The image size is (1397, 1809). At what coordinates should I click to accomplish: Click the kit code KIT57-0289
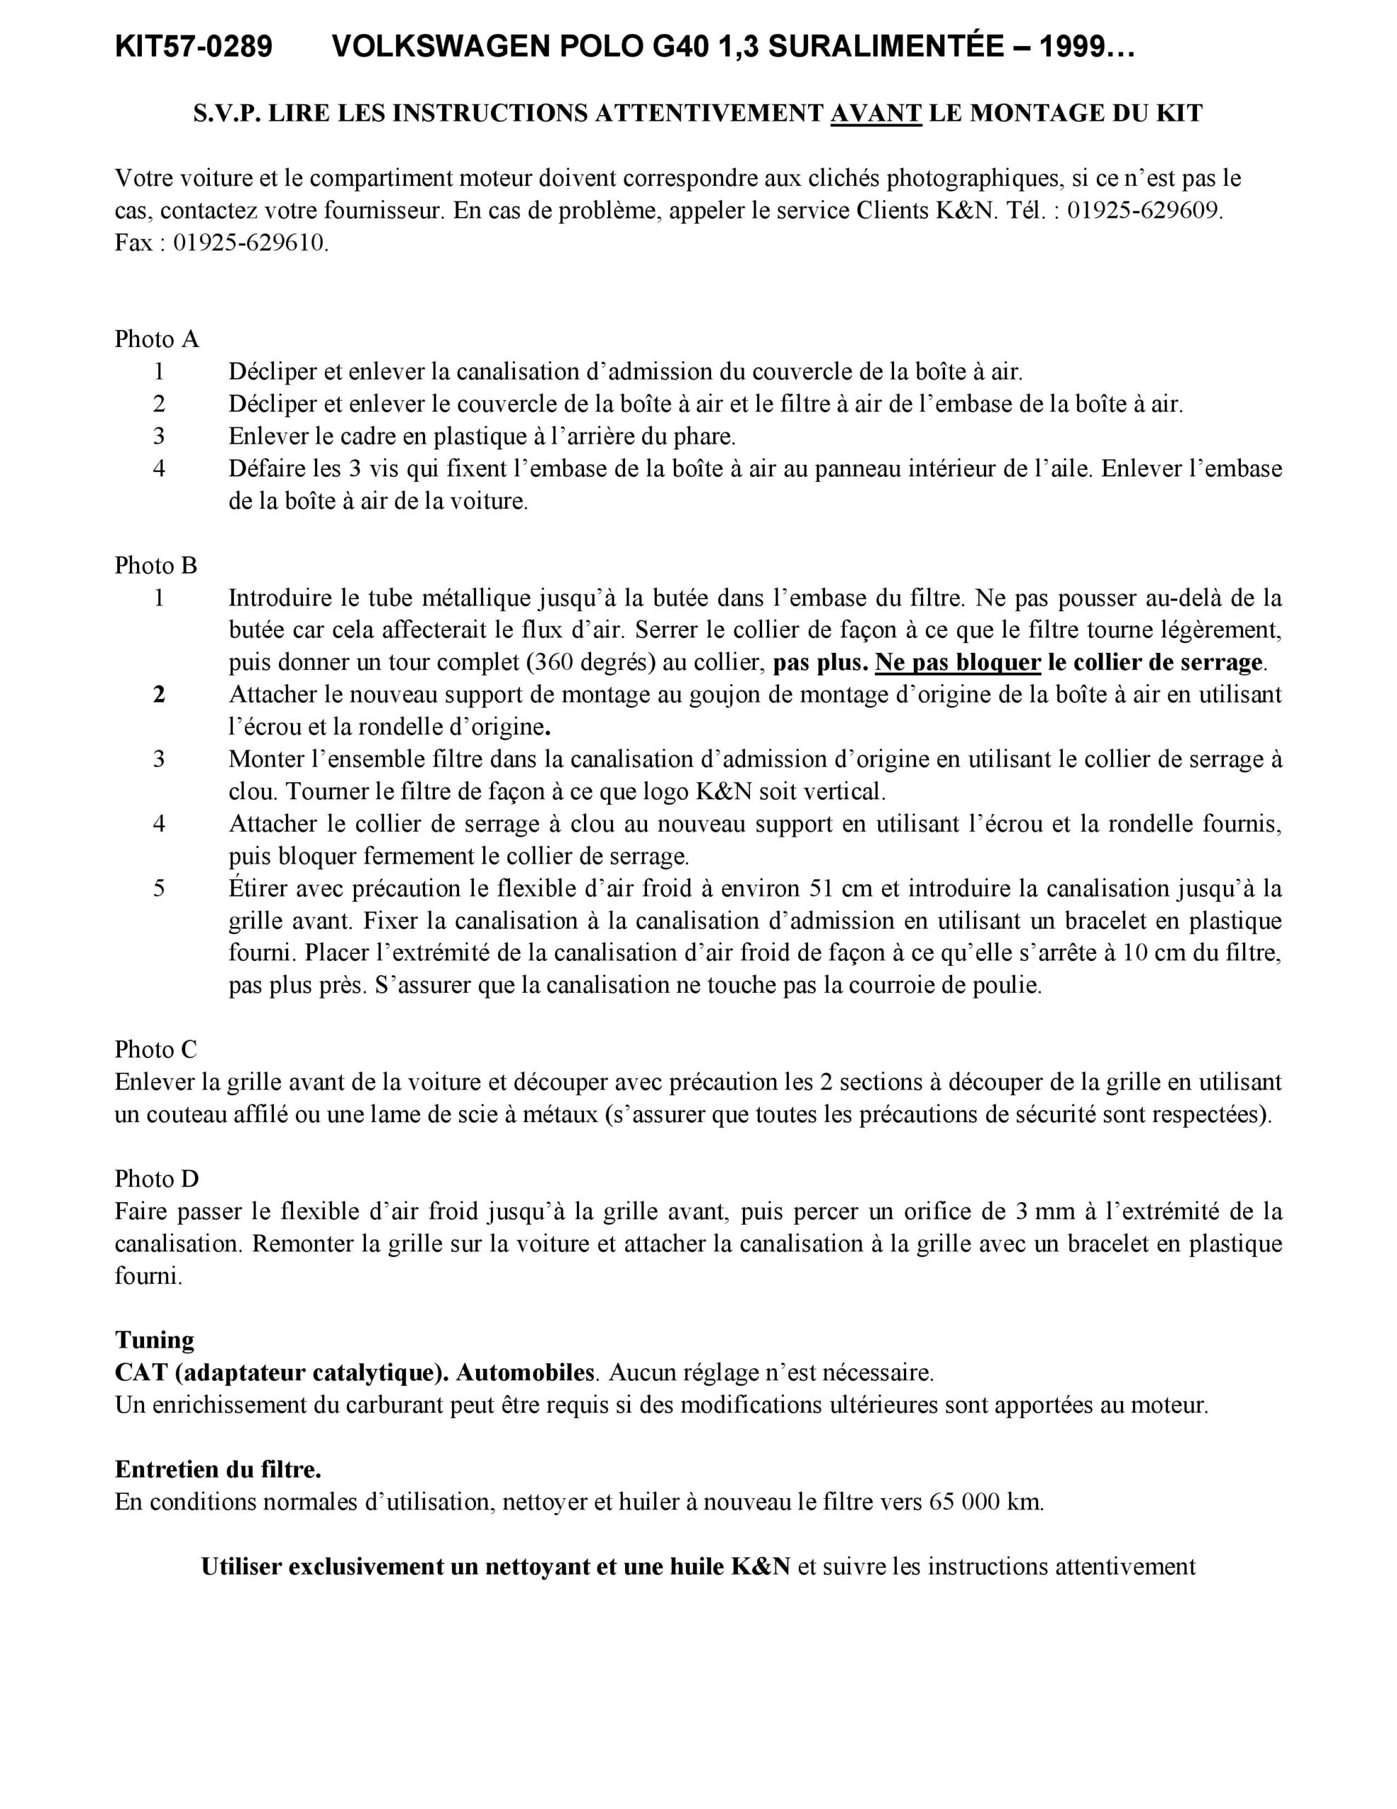click(194, 48)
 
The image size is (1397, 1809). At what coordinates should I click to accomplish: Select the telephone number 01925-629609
click(1143, 211)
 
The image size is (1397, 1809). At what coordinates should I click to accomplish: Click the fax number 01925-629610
click(250, 244)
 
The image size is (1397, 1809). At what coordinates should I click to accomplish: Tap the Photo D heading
click(157, 1179)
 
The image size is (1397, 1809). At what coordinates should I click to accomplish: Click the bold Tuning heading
click(155, 1340)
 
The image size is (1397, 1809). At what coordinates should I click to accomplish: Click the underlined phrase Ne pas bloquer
click(958, 663)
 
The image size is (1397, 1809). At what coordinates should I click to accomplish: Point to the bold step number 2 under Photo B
click(159, 695)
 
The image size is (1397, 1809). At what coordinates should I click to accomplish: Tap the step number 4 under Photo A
click(159, 469)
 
